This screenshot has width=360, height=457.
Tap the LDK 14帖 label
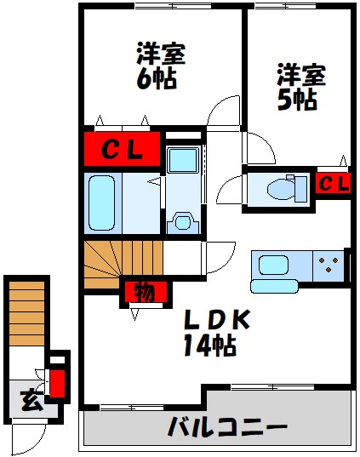click(x=214, y=332)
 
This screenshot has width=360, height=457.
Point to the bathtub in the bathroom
click(x=102, y=202)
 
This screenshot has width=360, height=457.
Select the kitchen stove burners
click(x=326, y=266)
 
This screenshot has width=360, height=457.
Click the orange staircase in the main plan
click(x=110, y=264)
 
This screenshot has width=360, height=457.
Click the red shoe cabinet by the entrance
click(x=56, y=380)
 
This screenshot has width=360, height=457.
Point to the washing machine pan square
click(x=183, y=160)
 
